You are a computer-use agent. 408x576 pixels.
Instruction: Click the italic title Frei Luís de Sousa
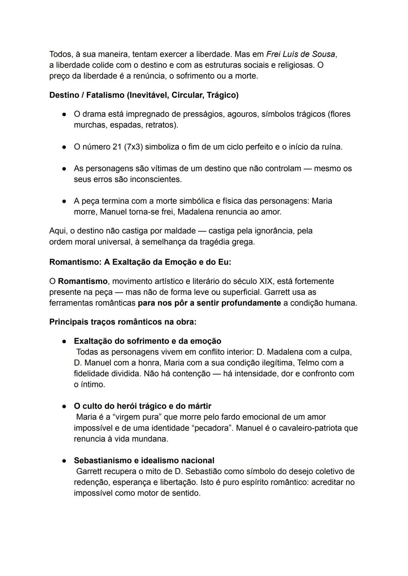(x=300, y=54)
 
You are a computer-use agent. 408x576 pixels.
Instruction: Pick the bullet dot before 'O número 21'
(x=65, y=147)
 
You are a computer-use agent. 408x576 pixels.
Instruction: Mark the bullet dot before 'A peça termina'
(x=65, y=201)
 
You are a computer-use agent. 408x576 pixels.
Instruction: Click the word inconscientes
(x=156, y=179)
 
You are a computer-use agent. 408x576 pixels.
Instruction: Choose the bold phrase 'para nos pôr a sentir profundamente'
(x=209, y=303)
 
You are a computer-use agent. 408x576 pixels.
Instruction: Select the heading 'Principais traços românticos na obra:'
(x=123, y=322)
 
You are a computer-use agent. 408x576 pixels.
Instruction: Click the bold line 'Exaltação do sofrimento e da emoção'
(x=147, y=341)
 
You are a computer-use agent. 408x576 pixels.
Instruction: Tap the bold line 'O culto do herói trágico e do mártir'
(x=142, y=406)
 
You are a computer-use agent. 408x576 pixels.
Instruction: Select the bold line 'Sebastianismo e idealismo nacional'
(x=144, y=460)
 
